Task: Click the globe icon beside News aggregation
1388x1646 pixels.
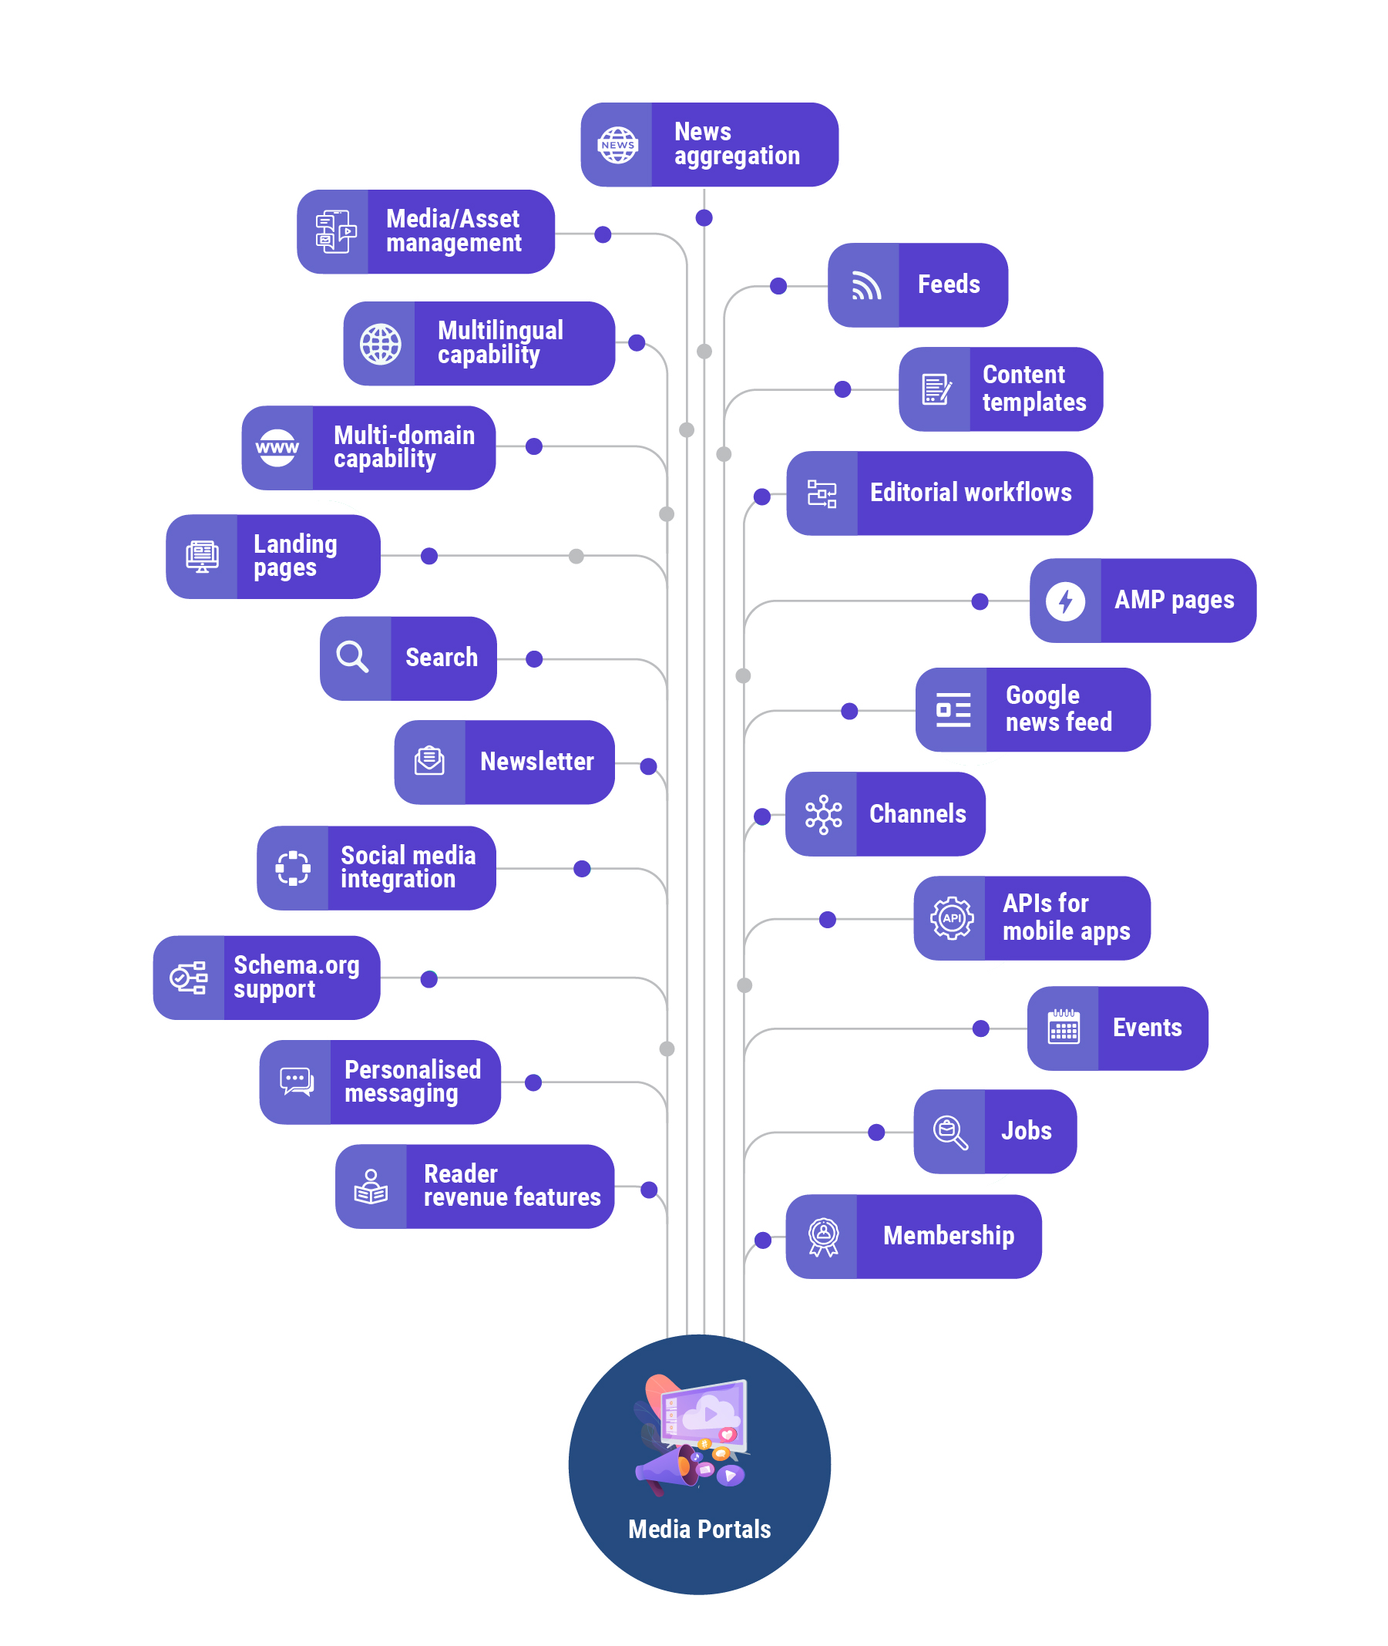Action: point(617,145)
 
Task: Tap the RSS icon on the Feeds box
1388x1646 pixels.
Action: point(865,286)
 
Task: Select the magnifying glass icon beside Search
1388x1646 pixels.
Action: point(352,658)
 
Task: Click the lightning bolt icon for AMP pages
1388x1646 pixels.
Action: point(1064,601)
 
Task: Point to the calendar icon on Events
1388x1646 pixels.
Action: point(1063,1027)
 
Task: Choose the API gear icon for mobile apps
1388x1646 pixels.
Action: point(951,918)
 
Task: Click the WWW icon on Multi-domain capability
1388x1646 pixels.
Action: point(277,448)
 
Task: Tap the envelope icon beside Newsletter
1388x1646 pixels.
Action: point(429,761)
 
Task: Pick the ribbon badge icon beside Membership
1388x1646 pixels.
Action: point(823,1237)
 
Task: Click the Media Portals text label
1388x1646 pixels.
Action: point(699,1529)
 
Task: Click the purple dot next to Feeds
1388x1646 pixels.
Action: point(778,286)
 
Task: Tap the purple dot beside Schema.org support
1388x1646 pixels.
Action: point(428,978)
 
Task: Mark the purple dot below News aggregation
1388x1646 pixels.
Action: point(704,218)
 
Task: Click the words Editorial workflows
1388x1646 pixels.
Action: point(970,493)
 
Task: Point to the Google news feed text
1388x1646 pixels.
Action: point(1058,709)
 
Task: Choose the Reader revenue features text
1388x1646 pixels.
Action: point(512,1186)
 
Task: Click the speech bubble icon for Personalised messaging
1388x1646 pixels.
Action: point(297,1081)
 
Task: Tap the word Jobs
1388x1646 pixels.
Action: point(1026,1131)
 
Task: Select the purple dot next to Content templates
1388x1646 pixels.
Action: point(842,389)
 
